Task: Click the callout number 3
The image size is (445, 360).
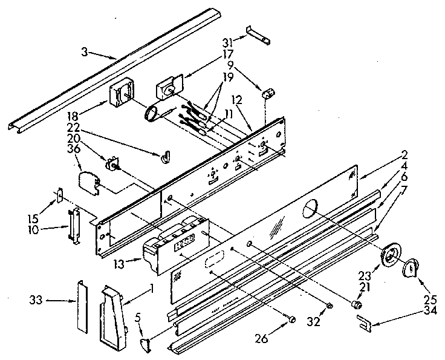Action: [86, 53]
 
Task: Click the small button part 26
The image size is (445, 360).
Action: [293, 319]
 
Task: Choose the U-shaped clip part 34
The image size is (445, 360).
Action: [363, 324]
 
